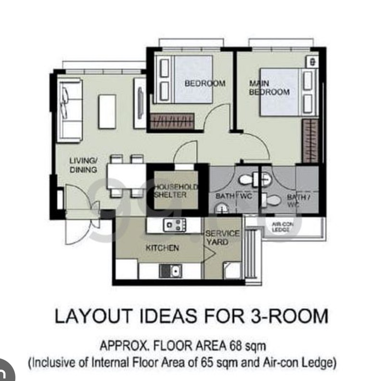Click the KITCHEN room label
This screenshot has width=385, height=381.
[x=162, y=248]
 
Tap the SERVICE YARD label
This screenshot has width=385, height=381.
[x=222, y=237]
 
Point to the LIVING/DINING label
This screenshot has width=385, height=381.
[x=83, y=165]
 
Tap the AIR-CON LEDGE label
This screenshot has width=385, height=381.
[x=283, y=227]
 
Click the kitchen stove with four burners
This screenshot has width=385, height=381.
[x=175, y=224]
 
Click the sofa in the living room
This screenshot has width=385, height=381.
[x=69, y=110]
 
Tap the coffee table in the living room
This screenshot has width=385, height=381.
[x=107, y=111]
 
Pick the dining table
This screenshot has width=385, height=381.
[x=126, y=176]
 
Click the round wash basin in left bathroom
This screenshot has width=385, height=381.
[x=221, y=208]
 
